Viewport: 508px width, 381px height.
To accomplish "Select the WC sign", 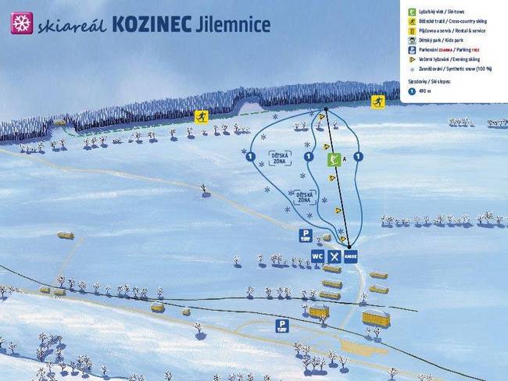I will [x=317, y=255].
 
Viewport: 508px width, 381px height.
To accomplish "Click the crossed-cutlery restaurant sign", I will [x=334, y=255].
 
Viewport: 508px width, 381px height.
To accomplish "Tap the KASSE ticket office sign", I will [x=351, y=255].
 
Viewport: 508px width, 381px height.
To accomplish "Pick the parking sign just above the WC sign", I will [x=306, y=234].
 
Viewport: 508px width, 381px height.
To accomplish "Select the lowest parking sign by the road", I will [x=281, y=325].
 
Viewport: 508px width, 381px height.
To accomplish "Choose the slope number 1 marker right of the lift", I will [x=358, y=157].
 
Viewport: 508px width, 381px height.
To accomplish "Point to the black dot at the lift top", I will [x=326, y=109].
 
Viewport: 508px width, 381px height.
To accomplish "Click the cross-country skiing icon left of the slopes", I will [x=201, y=116].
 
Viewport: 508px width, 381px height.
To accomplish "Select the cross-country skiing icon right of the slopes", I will [x=378, y=101].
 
